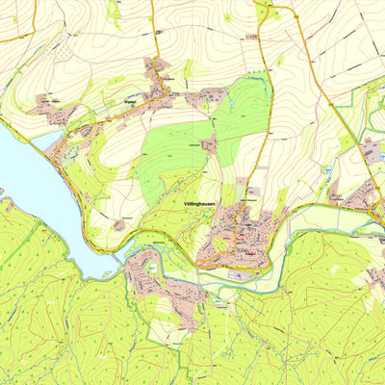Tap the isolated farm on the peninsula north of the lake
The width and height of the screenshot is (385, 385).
(x=119, y=224)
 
